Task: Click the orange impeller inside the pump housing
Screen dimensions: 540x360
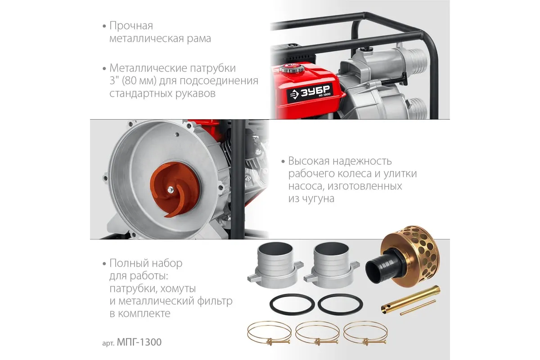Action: point(175,189)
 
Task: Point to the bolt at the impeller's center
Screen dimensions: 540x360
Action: point(171,190)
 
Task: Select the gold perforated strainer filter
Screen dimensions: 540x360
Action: point(410,256)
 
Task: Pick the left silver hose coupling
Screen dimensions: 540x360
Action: point(275,265)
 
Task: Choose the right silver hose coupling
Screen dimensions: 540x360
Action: point(332,265)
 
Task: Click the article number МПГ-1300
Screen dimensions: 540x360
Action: point(139,342)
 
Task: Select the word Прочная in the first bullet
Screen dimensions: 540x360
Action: point(131,26)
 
